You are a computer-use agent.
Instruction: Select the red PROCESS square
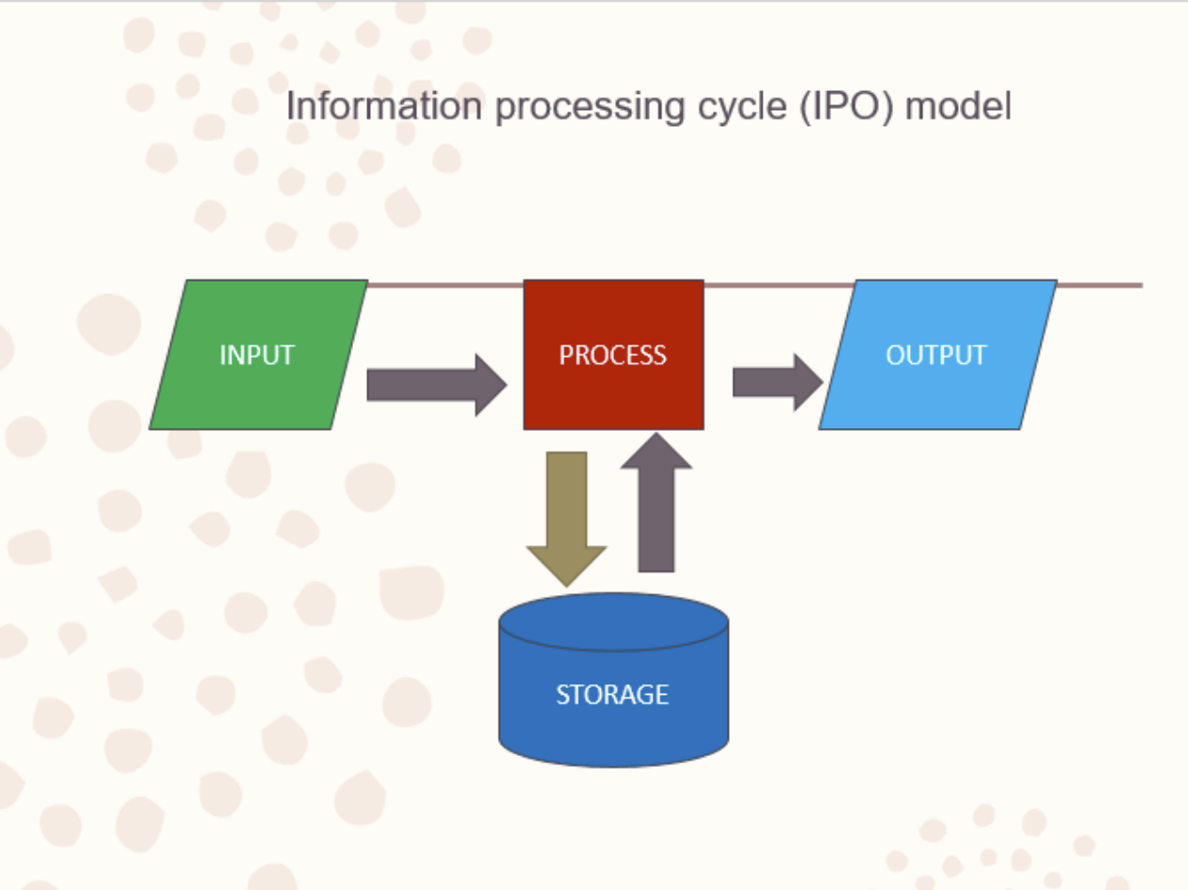613,394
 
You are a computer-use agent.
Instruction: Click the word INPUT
256,355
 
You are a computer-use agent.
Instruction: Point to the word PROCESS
612,355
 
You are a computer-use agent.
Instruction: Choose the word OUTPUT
936,355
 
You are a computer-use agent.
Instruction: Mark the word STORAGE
612,695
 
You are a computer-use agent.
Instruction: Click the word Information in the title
386,106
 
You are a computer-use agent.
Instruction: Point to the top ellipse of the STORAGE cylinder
613,621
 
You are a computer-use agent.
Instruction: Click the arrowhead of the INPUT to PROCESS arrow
491,385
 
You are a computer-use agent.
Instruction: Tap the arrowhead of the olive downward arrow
566,565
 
